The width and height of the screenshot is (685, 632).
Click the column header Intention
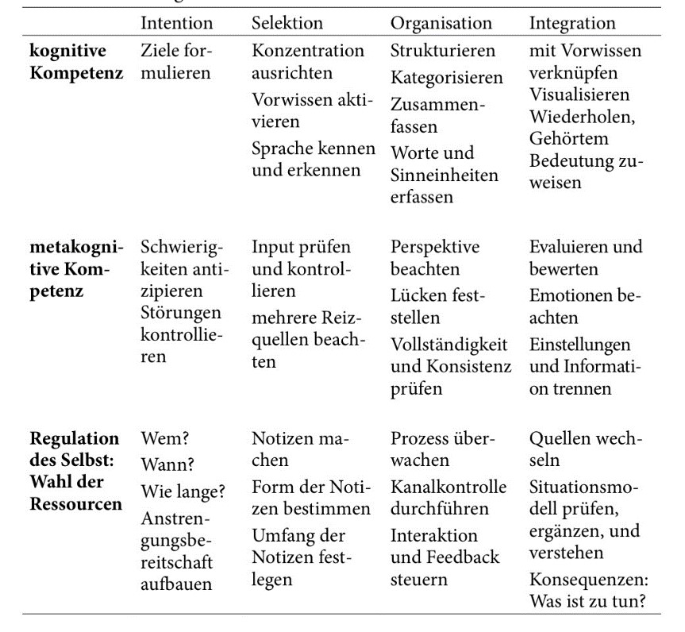[x=176, y=23]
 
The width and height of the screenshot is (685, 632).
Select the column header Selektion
[x=287, y=23]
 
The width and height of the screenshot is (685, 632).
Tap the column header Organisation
[x=441, y=23]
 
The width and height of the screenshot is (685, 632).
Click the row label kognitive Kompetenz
[x=76, y=62]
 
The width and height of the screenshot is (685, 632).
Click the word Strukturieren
[x=442, y=51]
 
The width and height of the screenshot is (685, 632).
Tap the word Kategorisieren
[x=446, y=78]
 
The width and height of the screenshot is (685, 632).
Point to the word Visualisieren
[x=579, y=95]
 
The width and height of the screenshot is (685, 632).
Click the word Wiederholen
[x=580, y=117]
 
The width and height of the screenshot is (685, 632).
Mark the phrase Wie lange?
[x=182, y=491]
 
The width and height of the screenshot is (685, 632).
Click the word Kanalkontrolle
[x=448, y=484]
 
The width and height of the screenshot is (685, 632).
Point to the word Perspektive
[x=435, y=246]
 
